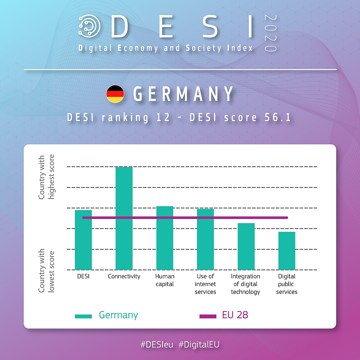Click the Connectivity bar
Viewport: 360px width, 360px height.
[124, 218]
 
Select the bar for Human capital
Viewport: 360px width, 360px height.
[165, 238]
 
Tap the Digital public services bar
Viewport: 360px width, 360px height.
[287, 251]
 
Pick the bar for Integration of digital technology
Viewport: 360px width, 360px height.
[246, 246]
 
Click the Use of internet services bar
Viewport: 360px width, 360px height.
[205, 239]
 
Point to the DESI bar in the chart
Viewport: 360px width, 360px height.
[83, 240]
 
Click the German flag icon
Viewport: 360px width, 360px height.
[115, 94]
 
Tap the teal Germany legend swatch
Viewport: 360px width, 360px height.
[83, 316]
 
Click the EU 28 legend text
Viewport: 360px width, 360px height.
[235, 315]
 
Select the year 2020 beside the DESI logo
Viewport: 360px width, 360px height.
[271, 33]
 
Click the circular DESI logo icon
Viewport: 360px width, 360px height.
[89, 26]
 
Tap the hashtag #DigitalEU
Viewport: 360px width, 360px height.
[199, 345]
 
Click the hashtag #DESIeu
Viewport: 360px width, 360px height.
[157, 345]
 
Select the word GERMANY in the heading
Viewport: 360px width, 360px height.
[183, 94]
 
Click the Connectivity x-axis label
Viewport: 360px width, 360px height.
[124, 277]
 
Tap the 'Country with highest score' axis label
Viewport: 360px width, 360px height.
[46, 177]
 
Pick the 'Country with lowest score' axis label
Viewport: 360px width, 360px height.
[46, 271]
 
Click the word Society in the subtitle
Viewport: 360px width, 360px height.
[204, 48]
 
